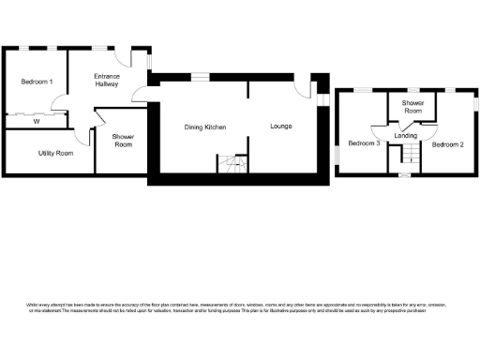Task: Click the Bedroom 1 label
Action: click(x=37, y=82)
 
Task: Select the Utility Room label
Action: click(x=56, y=153)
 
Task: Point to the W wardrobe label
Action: click(x=37, y=121)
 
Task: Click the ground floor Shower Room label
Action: click(x=123, y=141)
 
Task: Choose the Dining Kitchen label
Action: click(x=204, y=126)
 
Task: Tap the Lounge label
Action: click(x=280, y=126)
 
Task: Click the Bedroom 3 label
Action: click(x=364, y=143)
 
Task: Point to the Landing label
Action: click(x=406, y=136)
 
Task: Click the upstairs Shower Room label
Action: click(x=412, y=107)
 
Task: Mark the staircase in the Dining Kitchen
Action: click(x=232, y=166)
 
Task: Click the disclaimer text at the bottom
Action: click(x=226, y=307)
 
